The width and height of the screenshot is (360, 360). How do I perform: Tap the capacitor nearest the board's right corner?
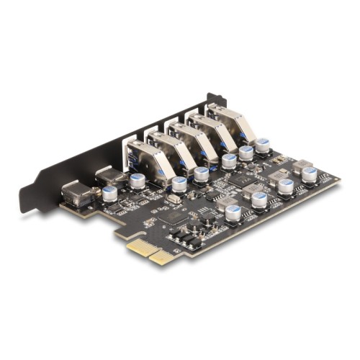click(x=310, y=174)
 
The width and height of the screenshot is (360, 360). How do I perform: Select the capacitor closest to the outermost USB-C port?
click(x=109, y=194)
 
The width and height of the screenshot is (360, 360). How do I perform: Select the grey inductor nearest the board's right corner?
click(x=301, y=165)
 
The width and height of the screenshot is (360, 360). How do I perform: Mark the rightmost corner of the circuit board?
click(x=339, y=180)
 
